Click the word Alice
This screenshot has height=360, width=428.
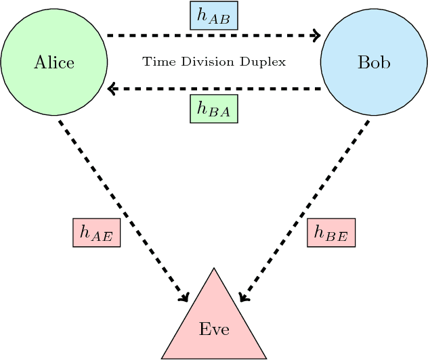pos(53,63)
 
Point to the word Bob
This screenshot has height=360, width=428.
pos(373,63)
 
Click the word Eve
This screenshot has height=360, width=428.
pos(214,330)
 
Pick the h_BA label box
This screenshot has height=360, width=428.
pos(213,108)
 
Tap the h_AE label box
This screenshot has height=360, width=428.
pos(96,233)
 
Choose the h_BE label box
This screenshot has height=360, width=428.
pos(331,233)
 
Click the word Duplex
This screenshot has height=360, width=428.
pos(264,62)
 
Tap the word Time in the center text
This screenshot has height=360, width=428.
pos(154,62)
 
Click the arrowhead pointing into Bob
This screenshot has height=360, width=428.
pos(315,35)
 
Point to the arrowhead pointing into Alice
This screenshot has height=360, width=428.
pos(112,89)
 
